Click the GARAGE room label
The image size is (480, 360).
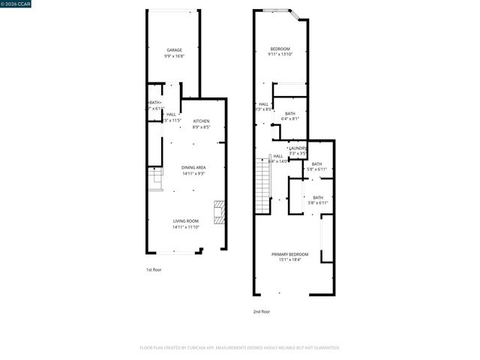[174, 50]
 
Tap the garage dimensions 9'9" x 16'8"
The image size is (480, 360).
[174, 56]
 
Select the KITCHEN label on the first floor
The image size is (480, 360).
[201, 121]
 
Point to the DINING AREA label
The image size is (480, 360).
[193, 167]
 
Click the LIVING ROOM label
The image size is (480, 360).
[186, 220]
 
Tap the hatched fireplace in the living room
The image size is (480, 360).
[219, 212]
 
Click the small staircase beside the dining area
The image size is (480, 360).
[155, 179]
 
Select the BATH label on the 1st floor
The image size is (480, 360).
[154, 103]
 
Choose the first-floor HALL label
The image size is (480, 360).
[172, 114]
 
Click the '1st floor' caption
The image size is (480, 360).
[154, 268]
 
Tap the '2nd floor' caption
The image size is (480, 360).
[261, 311]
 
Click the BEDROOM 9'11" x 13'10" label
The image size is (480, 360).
[280, 49]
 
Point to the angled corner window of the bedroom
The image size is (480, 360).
[298, 15]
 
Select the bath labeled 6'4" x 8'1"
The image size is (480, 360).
[289, 113]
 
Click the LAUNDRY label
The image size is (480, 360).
[298, 148]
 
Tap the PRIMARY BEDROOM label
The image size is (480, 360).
[289, 255]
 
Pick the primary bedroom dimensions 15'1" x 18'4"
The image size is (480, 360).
[289, 261]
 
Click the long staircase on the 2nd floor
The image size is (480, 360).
[262, 187]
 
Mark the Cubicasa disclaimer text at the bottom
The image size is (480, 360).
[240, 347]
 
